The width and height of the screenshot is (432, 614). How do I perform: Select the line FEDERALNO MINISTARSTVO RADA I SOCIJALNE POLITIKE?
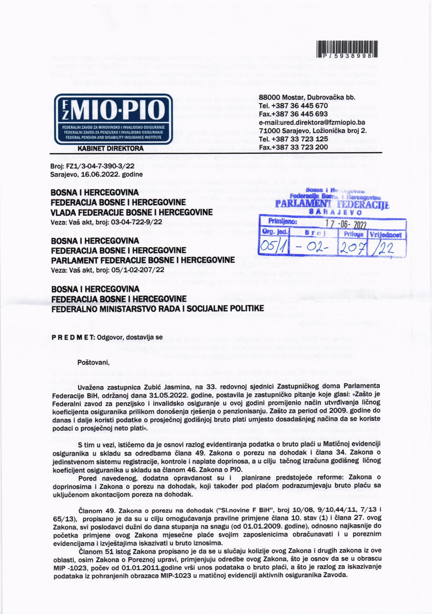157,308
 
